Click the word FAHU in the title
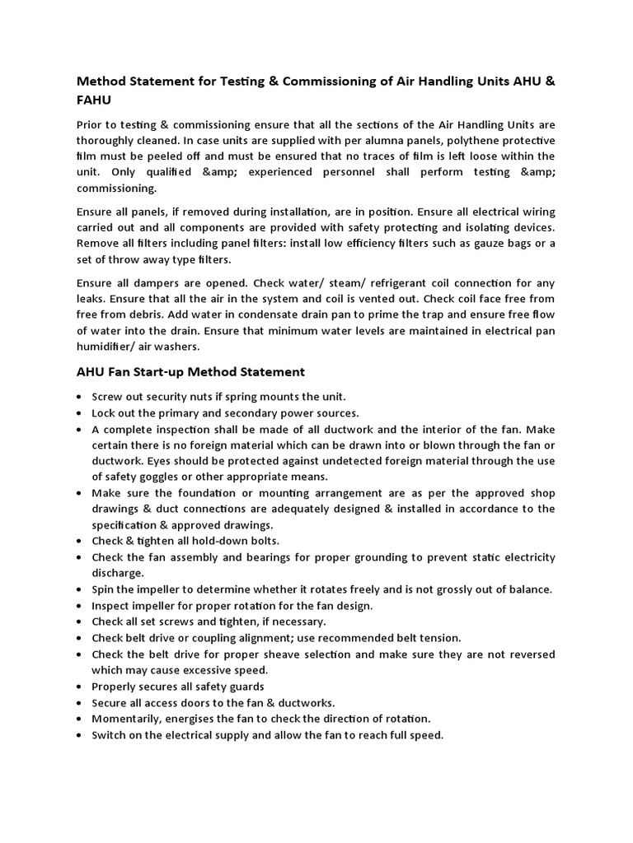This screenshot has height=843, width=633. [94, 99]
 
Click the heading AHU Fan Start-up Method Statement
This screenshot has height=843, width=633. [190, 371]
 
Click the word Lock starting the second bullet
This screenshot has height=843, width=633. [104, 412]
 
